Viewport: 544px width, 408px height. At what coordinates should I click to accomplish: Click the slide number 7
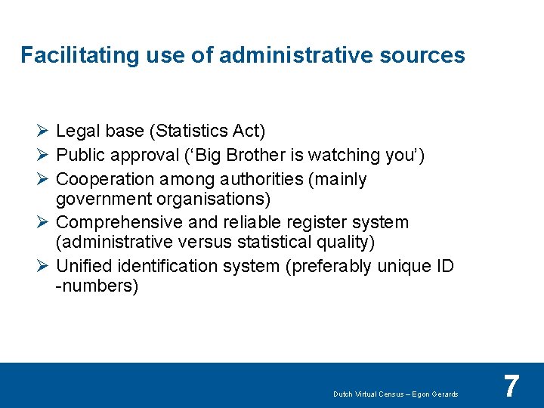[512, 386]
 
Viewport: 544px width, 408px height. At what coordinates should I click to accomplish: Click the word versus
[207, 242]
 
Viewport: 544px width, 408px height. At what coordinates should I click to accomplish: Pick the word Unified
[83, 267]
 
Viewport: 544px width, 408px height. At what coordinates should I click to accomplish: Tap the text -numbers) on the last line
[97, 286]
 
